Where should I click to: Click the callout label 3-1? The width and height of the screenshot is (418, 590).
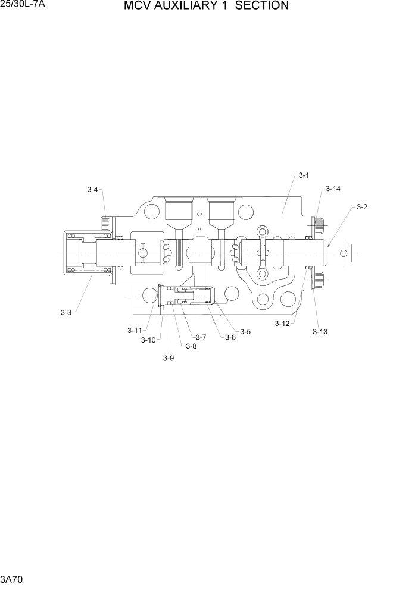click(304, 175)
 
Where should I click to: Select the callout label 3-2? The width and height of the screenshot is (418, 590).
click(361, 207)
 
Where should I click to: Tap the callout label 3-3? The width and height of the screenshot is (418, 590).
click(65, 312)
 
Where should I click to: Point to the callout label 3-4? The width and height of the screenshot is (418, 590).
click(92, 190)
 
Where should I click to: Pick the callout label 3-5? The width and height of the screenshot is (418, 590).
click(245, 331)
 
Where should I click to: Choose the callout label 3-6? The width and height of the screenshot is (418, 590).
click(230, 337)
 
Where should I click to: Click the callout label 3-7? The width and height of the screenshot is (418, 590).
click(201, 337)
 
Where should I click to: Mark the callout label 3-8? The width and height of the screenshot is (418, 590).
click(191, 346)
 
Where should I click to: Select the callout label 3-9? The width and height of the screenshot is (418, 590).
click(169, 358)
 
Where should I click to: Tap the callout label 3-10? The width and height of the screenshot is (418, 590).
click(148, 340)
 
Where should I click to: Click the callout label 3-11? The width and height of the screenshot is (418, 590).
click(134, 331)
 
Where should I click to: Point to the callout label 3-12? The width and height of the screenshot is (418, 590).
click(282, 324)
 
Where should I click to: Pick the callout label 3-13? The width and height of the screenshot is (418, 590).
click(320, 332)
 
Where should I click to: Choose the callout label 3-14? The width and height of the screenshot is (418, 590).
click(333, 189)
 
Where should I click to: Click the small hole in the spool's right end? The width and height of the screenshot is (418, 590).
click(344, 253)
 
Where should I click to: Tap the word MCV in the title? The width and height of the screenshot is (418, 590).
click(137, 6)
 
